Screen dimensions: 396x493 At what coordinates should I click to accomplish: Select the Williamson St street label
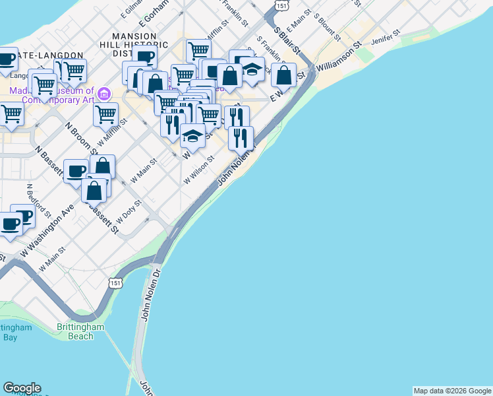tap(339, 58)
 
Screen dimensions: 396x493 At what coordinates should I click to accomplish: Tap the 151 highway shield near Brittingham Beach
tap(116, 282)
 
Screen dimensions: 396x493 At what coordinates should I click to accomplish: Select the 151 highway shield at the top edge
tap(281, 5)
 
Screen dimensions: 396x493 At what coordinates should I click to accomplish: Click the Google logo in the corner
tap(22, 388)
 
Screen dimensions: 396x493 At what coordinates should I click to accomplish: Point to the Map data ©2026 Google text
tap(452, 391)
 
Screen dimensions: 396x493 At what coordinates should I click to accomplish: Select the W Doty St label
tap(129, 211)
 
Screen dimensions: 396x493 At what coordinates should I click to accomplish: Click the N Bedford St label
tap(39, 200)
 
